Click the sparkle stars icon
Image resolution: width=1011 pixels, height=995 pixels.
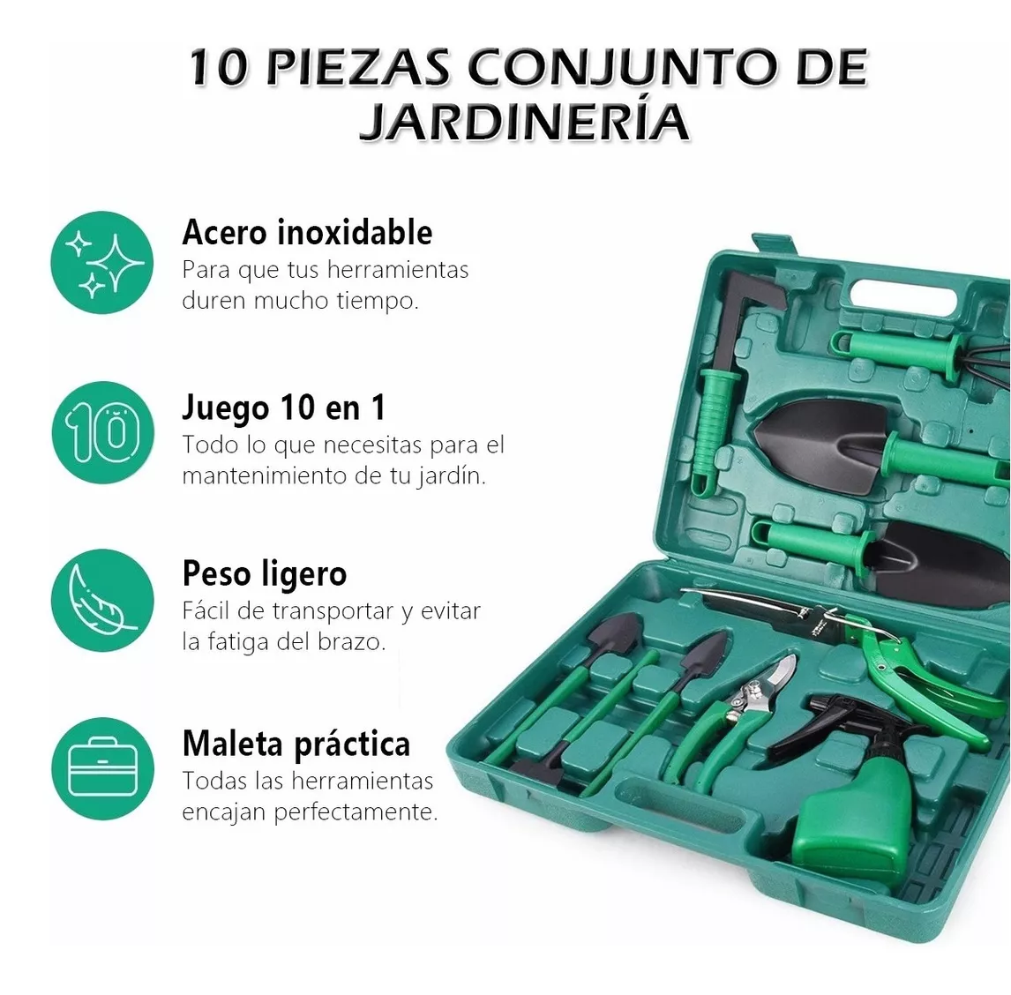point(102,262)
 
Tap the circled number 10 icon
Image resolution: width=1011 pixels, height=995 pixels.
point(102,432)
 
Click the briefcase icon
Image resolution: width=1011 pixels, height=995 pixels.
point(102,768)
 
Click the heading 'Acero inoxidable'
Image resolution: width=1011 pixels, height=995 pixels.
point(307,233)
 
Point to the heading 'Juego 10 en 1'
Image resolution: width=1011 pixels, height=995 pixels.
point(283,408)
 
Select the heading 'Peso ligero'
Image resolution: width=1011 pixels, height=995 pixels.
point(264,573)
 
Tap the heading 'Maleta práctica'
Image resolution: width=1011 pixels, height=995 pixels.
point(296,744)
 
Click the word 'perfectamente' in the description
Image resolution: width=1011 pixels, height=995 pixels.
point(356,812)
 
